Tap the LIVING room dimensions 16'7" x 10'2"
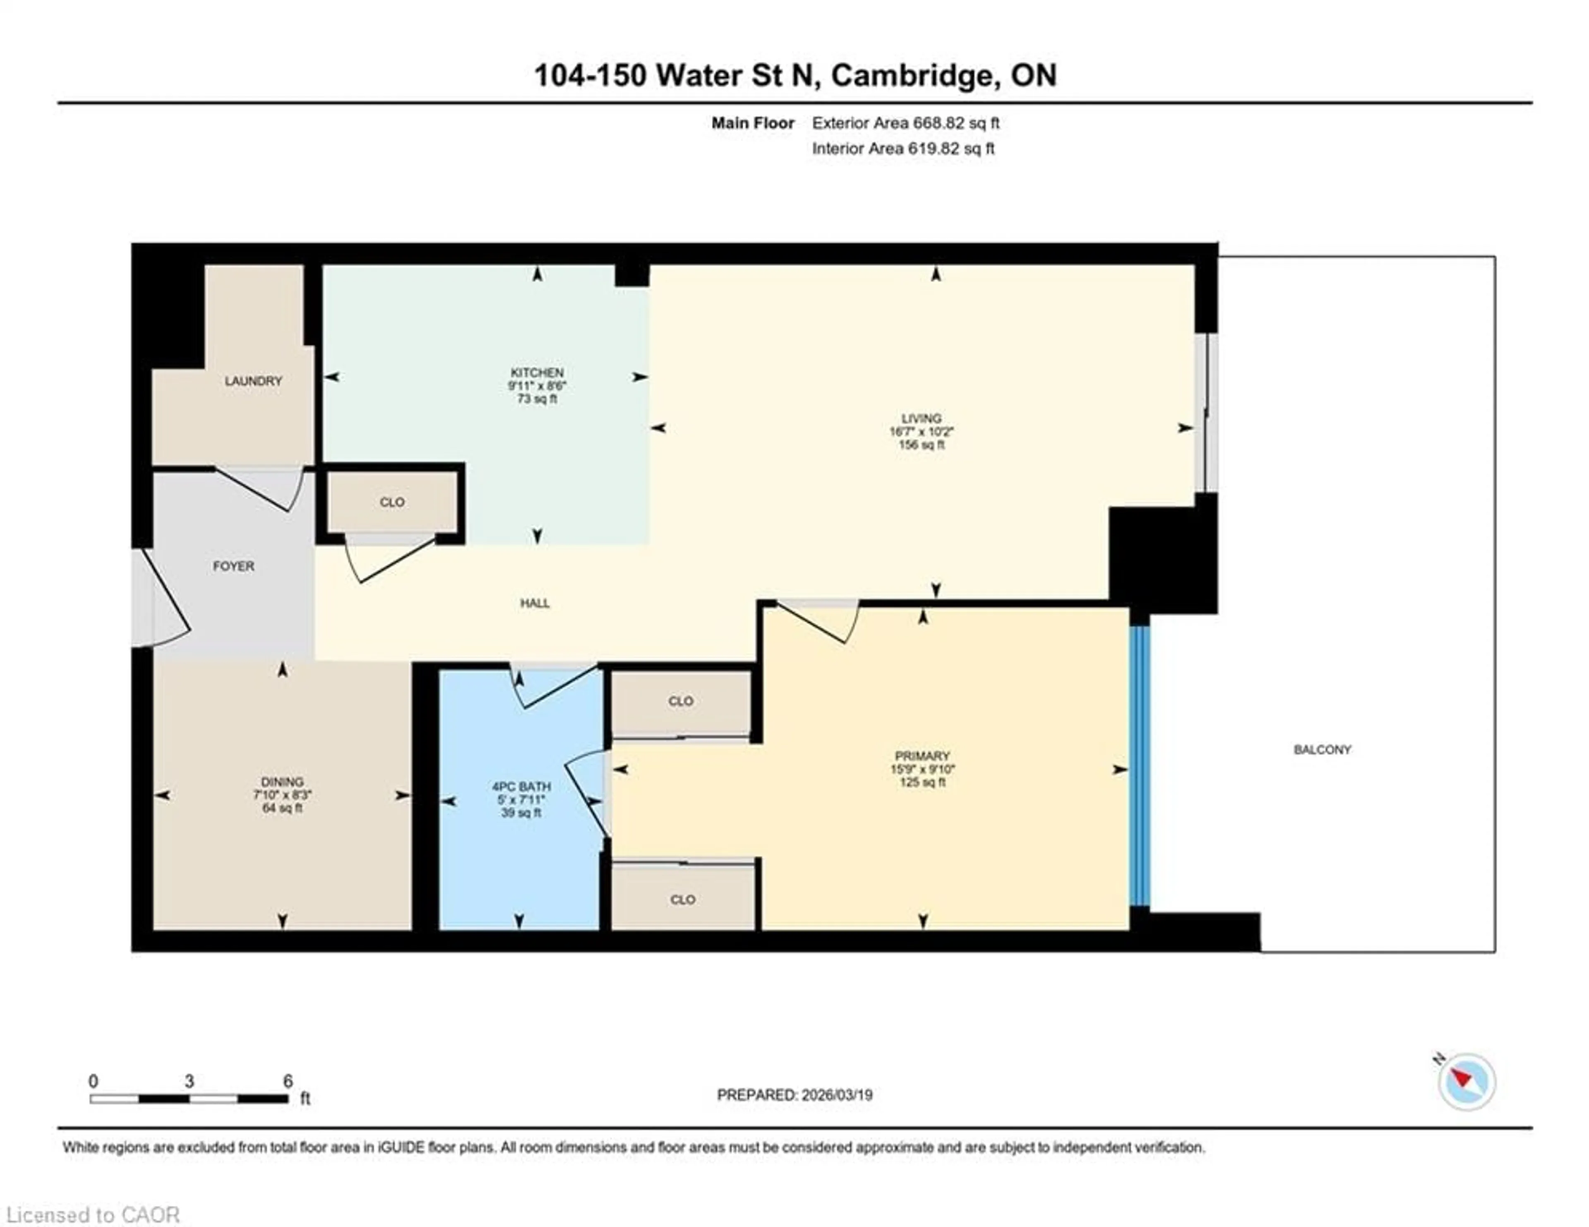(x=921, y=431)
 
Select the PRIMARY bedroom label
(x=922, y=755)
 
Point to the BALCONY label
(x=1322, y=750)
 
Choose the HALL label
(x=535, y=603)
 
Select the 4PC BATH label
(x=521, y=787)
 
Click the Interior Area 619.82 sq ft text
(x=903, y=149)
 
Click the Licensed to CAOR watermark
(x=92, y=1215)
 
